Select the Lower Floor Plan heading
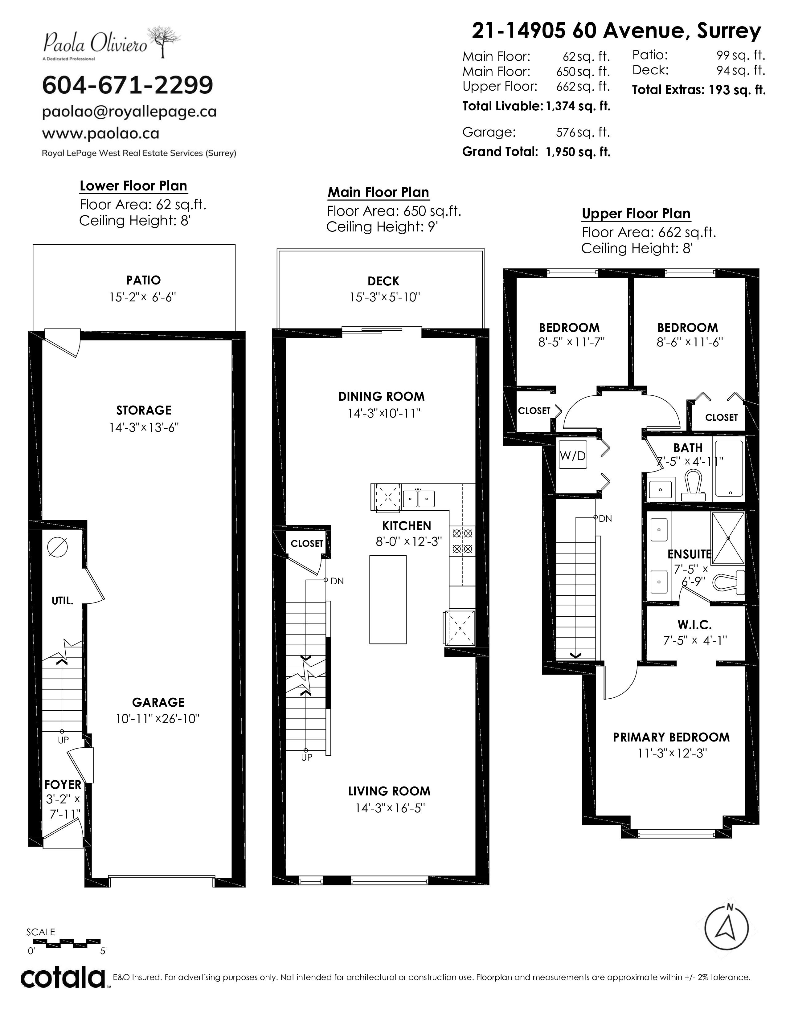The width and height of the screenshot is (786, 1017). (x=134, y=186)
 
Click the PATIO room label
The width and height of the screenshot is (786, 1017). (x=143, y=280)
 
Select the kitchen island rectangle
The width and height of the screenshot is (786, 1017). (x=388, y=599)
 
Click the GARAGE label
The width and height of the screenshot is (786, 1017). (x=158, y=702)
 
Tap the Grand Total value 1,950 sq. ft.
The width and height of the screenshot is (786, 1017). (x=578, y=152)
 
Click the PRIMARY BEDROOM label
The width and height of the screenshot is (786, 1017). (x=671, y=737)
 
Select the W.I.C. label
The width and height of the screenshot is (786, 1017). (x=694, y=625)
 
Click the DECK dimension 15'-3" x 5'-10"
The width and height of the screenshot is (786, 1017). (x=385, y=297)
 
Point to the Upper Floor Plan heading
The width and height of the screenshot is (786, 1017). (x=636, y=214)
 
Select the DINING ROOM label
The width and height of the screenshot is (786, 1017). (x=381, y=396)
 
